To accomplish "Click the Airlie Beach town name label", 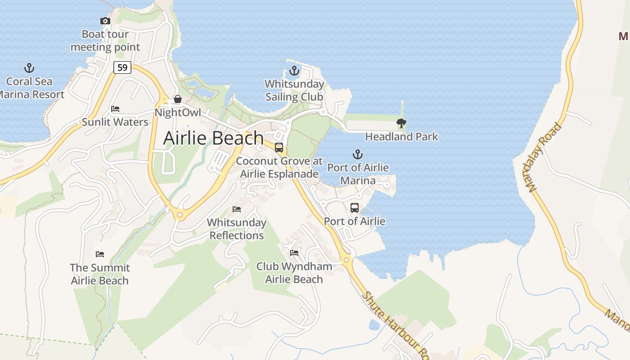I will coord(213,138).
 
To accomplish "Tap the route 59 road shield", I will coord(122,67).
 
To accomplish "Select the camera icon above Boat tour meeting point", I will coord(105,21).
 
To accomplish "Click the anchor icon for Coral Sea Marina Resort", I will coord(29,68).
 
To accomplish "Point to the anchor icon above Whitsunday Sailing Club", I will coord(294,71).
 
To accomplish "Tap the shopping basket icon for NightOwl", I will coord(178,99).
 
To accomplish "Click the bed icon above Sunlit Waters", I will coord(115,109).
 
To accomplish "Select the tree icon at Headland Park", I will coord(401,123).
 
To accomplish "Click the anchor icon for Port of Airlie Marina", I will coord(357,154).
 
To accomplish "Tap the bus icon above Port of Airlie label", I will coord(355,208).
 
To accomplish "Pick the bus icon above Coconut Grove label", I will coord(279,148).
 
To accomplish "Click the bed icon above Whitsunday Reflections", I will coord(237,209).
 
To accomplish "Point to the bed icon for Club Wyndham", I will coord(294,253).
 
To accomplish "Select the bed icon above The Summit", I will coord(100,254).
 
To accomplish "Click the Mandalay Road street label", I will coord(545,157).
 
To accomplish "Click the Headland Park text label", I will coord(401,136).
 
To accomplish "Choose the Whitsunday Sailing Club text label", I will coord(294,90).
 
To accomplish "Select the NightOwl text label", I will coord(178,112).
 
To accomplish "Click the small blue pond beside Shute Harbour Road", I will coord(374,324).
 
